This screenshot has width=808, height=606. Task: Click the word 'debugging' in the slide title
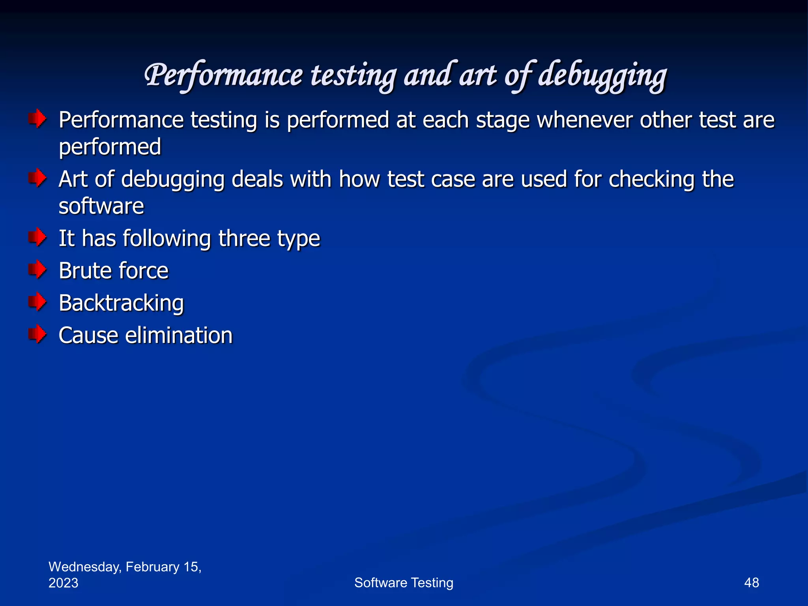[x=602, y=76]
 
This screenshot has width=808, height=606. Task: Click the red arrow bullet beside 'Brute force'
[x=37, y=270]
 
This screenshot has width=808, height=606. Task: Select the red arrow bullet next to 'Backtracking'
[x=37, y=302]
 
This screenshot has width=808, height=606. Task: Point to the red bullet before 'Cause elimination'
[x=37, y=335]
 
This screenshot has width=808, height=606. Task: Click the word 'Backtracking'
[x=121, y=303]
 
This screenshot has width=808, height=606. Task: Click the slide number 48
[x=751, y=583]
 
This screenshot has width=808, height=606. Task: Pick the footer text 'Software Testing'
[x=404, y=583]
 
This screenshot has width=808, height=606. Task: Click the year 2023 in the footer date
[x=63, y=583]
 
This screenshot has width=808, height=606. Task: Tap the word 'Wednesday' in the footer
[x=84, y=567]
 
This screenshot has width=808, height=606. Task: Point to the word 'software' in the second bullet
[x=101, y=206]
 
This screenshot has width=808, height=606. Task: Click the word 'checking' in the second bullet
[x=651, y=180]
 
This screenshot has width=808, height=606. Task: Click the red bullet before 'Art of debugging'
[x=37, y=178]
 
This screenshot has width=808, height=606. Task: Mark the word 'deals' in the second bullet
[x=257, y=179]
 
